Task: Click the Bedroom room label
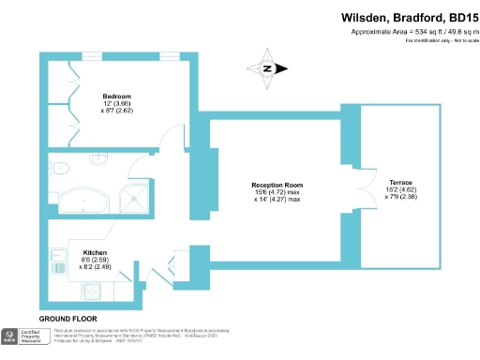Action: point(117,96)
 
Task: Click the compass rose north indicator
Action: point(266,68)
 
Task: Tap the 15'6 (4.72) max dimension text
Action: point(277,192)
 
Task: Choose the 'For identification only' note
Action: point(439,42)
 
